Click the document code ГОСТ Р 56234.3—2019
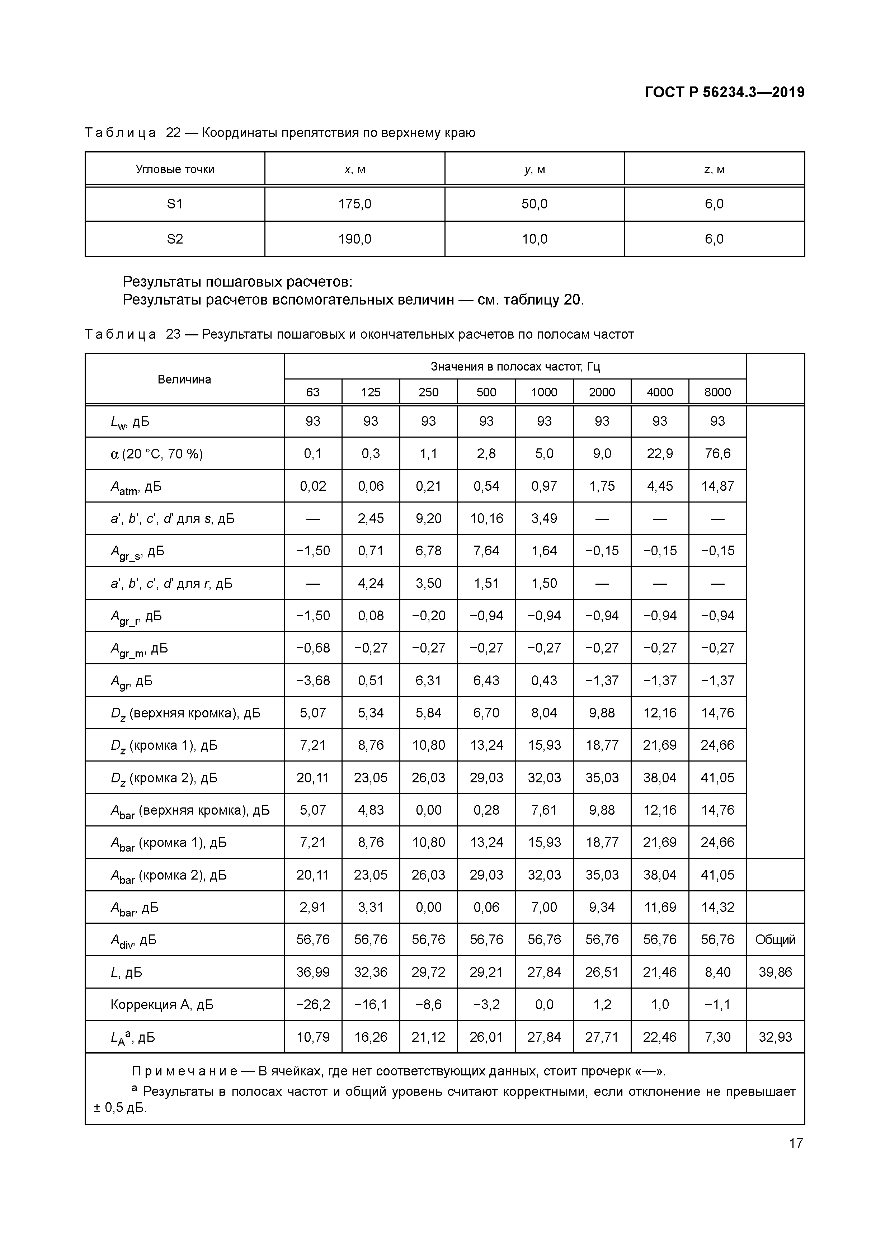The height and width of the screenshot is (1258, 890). [x=724, y=92]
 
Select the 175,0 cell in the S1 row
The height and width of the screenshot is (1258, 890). [x=354, y=204]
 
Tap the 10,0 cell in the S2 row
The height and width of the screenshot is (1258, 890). [x=535, y=239]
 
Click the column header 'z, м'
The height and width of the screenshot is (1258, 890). [x=714, y=169]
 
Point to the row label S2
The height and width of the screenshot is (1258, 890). [x=175, y=239]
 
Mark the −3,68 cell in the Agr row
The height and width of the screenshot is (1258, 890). [x=313, y=680]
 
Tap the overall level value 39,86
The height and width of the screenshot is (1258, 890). [x=775, y=972]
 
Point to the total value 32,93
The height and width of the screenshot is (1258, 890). [x=775, y=1037]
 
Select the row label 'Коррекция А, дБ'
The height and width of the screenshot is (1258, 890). [x=162, y=1004]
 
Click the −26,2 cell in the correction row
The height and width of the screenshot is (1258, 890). [x=313, y=1004]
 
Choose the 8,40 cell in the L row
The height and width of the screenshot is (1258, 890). [x=717, y=972]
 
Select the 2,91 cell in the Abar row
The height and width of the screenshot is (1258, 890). [x=313, y=907]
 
